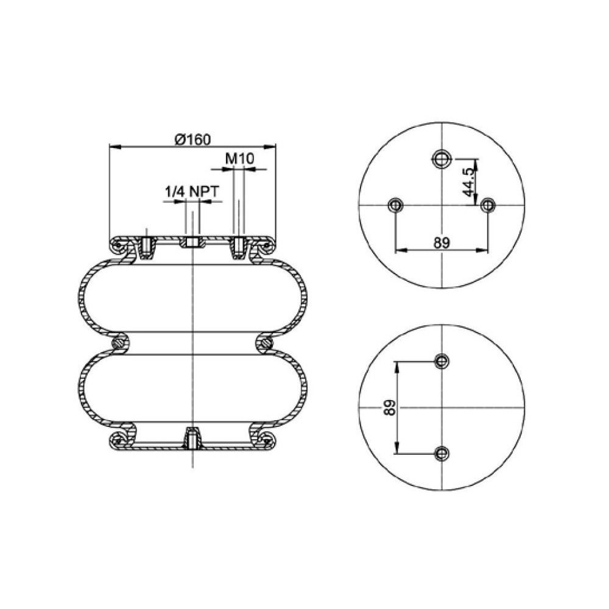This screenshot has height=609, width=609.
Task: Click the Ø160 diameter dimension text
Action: (x=192, y=139)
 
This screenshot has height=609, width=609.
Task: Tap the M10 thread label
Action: (x=239, y=159)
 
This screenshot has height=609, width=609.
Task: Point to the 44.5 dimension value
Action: (x=469, y=182)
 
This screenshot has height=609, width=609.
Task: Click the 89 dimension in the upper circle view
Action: (x=442, y=242)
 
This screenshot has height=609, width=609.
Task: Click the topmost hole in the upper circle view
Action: (x=441, y=160)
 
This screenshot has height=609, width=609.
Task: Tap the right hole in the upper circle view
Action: (x=487, y=205)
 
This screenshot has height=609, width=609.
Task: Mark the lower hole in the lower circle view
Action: (x=441, y=452)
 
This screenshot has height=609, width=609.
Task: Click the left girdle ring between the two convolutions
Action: (x=119, y=343)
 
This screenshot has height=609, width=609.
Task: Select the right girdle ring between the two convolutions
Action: (x=266, y=343)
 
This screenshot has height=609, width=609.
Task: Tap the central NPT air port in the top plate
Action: (x=192, y=243)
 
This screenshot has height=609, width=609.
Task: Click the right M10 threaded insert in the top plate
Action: (x=239, y=247)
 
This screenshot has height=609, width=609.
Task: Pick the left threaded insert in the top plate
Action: (x=146, y=247)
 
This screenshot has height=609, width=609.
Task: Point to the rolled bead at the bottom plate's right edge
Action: (x=267, y=439)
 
